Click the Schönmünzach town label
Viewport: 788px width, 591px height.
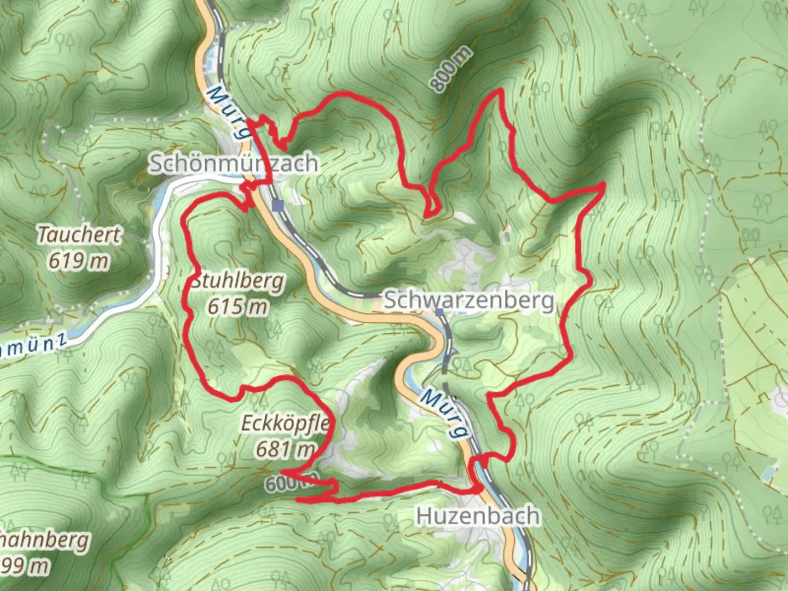pyautogui.click(x=233, y=163)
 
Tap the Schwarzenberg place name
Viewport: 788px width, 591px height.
pyautogui.click(x=469, y=301)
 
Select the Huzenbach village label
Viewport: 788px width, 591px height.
pyautogui.click(x=478, y=516)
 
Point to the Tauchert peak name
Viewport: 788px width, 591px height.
pyautogui.click(x=79, y=235)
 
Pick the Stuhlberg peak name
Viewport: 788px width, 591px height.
pyautogui.click(x=237, y=281)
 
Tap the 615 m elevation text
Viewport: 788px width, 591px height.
pyautogui.click(x=237, y=307)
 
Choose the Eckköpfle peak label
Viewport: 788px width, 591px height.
pyautogui.click(x=285, y=423)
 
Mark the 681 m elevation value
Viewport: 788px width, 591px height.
pyautogui.click(x=285, y=449)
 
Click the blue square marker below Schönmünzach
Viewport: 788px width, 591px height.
pyautogui.click(x=279, y=206)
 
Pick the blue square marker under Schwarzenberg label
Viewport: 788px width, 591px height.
pyautogui.click(x=440, y=312)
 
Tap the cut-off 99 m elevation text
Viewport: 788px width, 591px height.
pyautogui.click(x=25, y=566)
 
